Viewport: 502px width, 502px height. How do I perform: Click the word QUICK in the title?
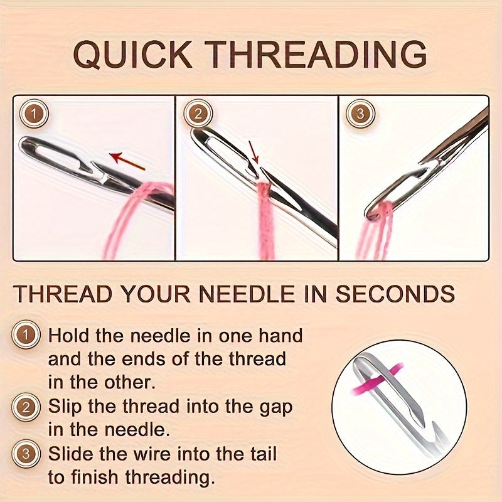(134, 55)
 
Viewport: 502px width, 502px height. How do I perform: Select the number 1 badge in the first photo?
(34, 115)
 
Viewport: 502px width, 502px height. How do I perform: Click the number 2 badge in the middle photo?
(198, 115)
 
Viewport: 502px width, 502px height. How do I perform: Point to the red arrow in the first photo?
(127, 161)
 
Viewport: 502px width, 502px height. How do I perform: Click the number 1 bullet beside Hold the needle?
(26, 336)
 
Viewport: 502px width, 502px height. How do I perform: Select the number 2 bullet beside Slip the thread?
(26, 407)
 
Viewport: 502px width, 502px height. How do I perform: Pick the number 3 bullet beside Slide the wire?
(26, 454)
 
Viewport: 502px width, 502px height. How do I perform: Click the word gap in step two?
(275, 406)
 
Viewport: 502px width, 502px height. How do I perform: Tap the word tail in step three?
(259, 454)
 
